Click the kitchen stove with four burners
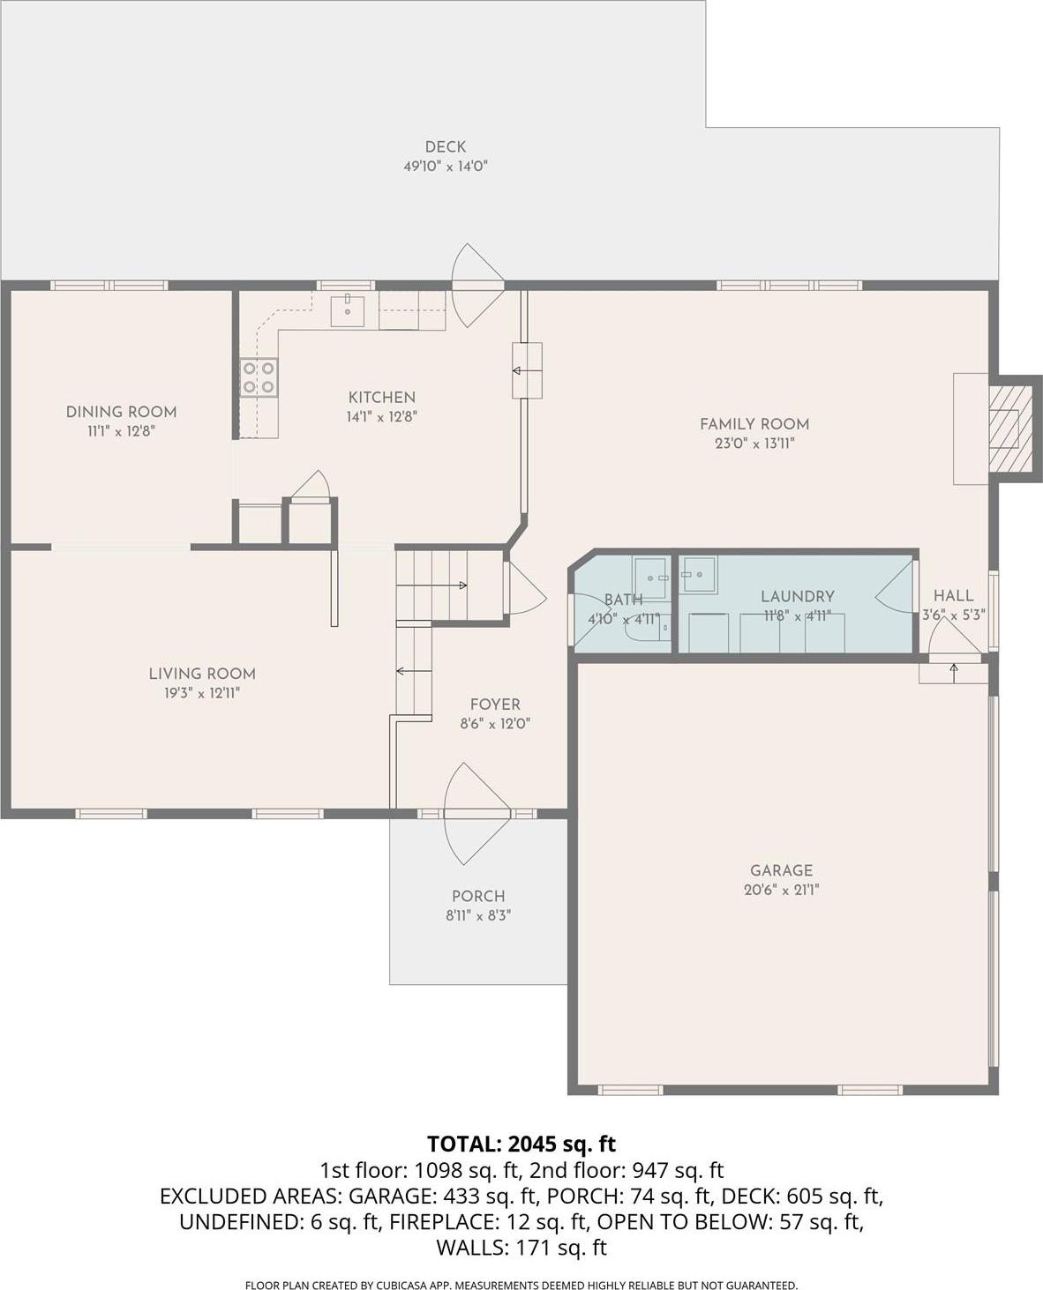pos(259,377)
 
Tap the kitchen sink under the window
pos(348,311)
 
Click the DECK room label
pos(445,147)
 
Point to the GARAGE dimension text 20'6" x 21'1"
pos(781,890)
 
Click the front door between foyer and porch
pos(476,812)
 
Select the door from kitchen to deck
pos(476,285)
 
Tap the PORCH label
pos(478,896)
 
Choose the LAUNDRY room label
pos(797,597)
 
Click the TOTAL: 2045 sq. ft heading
pos(521,1144)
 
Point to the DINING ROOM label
pos(121,412)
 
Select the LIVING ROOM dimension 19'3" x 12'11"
pos(202,693)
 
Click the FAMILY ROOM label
pos(754,424)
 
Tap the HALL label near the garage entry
pos(953,596)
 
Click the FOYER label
pos(495,705)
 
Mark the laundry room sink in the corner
pos(698,574)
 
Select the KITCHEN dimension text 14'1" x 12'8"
pos(381,416)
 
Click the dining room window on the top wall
pos(109,285)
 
